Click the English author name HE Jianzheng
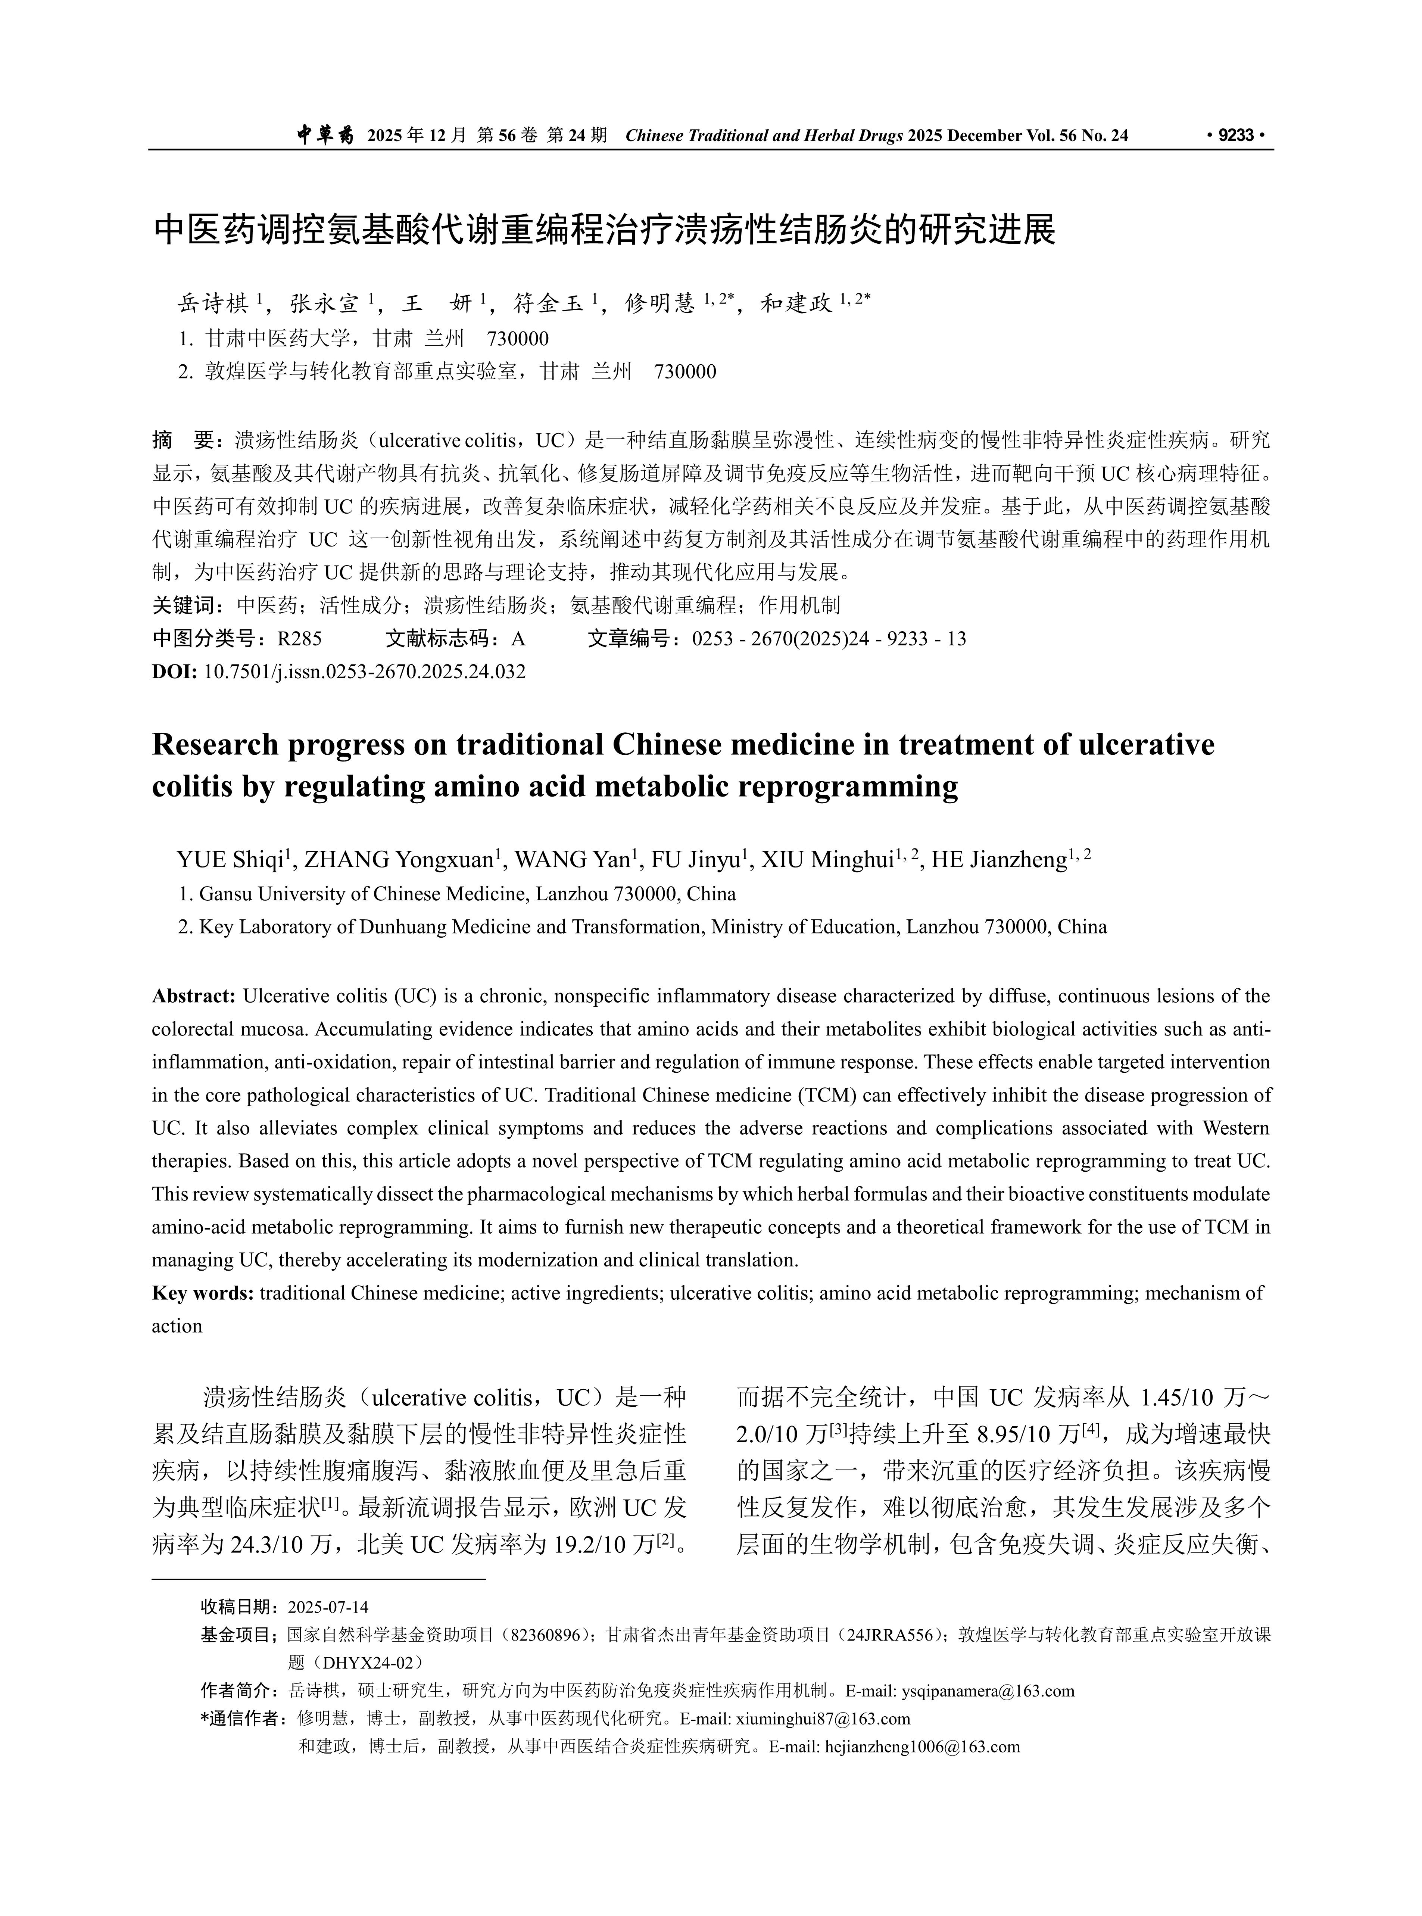[x=998, y=860]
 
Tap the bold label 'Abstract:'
[x=194, y=996]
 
